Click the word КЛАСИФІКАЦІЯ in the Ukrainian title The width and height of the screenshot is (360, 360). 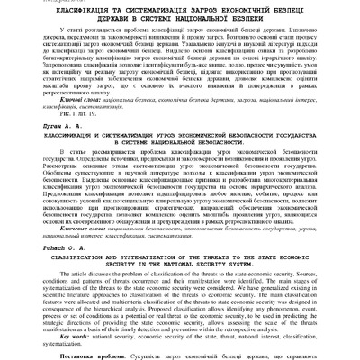pos(63,16)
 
